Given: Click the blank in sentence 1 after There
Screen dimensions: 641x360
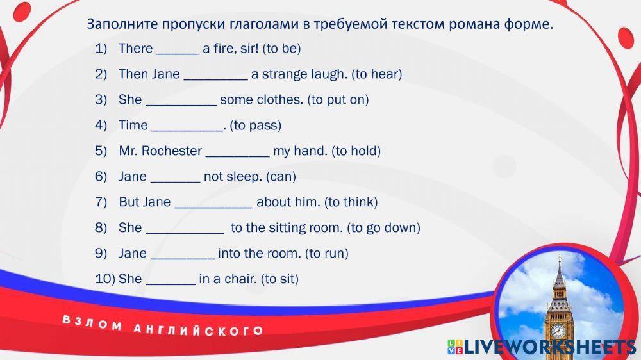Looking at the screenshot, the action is click(178, 54).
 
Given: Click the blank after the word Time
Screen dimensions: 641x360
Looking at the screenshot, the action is click(187, 130).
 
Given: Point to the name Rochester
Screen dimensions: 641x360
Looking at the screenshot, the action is click(172, 151).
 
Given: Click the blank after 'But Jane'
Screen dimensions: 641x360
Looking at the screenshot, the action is click(214, 207).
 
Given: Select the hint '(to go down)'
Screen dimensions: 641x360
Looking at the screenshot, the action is click(383, 227).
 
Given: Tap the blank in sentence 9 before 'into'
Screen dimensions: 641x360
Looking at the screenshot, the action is click(182, 258).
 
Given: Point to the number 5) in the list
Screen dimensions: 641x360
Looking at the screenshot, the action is click(101, 151).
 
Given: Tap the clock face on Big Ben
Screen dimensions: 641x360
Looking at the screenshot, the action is click(558, 330).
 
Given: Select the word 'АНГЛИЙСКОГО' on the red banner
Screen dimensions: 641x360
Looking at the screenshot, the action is click(198, 329).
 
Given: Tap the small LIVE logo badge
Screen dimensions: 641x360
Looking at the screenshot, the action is click(455, 347).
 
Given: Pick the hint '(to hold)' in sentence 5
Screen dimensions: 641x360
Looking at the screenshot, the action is click(356, 151).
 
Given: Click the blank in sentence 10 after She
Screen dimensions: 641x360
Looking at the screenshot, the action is click(171, 284).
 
